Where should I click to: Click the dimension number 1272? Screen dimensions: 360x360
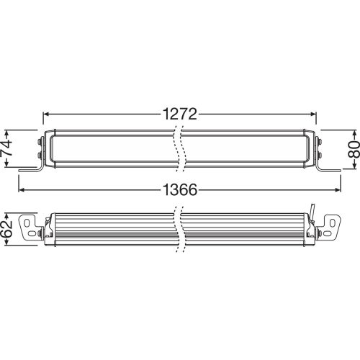(x=179, y=114)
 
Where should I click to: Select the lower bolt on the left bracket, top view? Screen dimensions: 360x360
(x=39, y=155)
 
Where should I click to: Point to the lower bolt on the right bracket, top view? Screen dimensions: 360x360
(x=320, y=155)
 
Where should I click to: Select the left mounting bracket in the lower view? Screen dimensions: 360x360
(x=32, y=228)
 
